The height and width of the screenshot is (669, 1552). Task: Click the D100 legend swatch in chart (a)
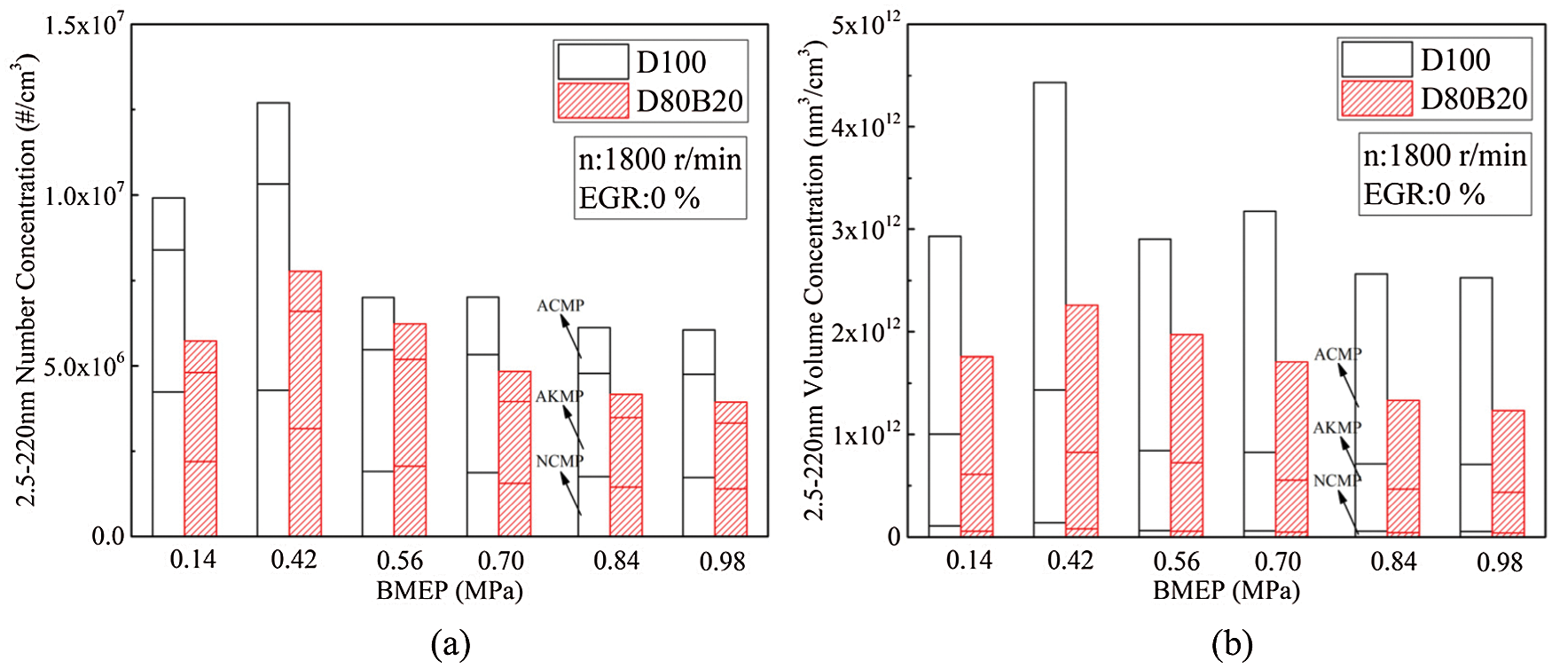tap(592, 62)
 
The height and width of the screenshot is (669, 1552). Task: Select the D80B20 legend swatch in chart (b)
tap(1376, 98)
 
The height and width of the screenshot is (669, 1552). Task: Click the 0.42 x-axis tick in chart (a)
tap(294, 561)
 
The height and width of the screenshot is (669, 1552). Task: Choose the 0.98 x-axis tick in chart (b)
tap(1499, 562)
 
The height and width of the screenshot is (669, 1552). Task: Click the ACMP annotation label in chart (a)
tap(560, 306)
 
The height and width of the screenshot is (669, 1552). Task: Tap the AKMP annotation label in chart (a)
tap(560, 397)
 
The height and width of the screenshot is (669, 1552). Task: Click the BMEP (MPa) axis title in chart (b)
tap(1226, 591)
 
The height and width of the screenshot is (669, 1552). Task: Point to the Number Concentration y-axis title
tap(27, 280)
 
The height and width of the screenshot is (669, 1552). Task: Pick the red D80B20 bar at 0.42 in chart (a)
tap(305, 404)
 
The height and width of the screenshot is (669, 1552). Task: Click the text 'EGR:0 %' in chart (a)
tap(639, 198)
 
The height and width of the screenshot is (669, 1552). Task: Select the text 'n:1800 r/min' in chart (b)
tap(1445, 156)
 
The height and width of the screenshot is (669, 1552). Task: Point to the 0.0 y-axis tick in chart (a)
tap(109, 536)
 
